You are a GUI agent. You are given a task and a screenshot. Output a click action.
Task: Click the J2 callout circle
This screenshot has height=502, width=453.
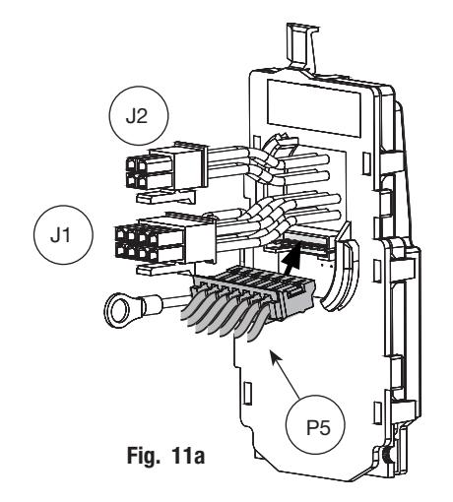[139, 116]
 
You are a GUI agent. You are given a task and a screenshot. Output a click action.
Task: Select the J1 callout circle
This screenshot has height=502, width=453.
[63, 235]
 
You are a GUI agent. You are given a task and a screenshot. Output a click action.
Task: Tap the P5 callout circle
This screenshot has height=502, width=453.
[316, 425]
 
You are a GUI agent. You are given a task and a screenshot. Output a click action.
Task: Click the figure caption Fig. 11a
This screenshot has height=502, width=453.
[165, 456]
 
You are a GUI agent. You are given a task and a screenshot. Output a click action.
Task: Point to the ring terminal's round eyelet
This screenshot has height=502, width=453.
[117, 310]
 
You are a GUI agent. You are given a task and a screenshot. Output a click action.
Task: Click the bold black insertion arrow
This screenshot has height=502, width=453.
[291, 259]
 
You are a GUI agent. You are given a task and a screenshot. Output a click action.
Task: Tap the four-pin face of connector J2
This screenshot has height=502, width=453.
[137, 172]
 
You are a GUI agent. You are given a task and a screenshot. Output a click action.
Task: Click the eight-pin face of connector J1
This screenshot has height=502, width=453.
[137, 241]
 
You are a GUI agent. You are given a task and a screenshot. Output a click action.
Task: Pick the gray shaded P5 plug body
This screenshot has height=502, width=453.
[253, 292]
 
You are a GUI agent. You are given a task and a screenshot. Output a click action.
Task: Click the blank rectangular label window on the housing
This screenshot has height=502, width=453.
[314, 109]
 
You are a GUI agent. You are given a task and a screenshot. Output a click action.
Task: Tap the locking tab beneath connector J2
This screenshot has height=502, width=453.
[165, 196]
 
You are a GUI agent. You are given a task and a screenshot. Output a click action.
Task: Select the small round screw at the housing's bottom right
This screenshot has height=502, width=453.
[387, 456]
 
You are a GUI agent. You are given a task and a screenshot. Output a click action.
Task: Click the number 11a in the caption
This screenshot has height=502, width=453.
[187, 456]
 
